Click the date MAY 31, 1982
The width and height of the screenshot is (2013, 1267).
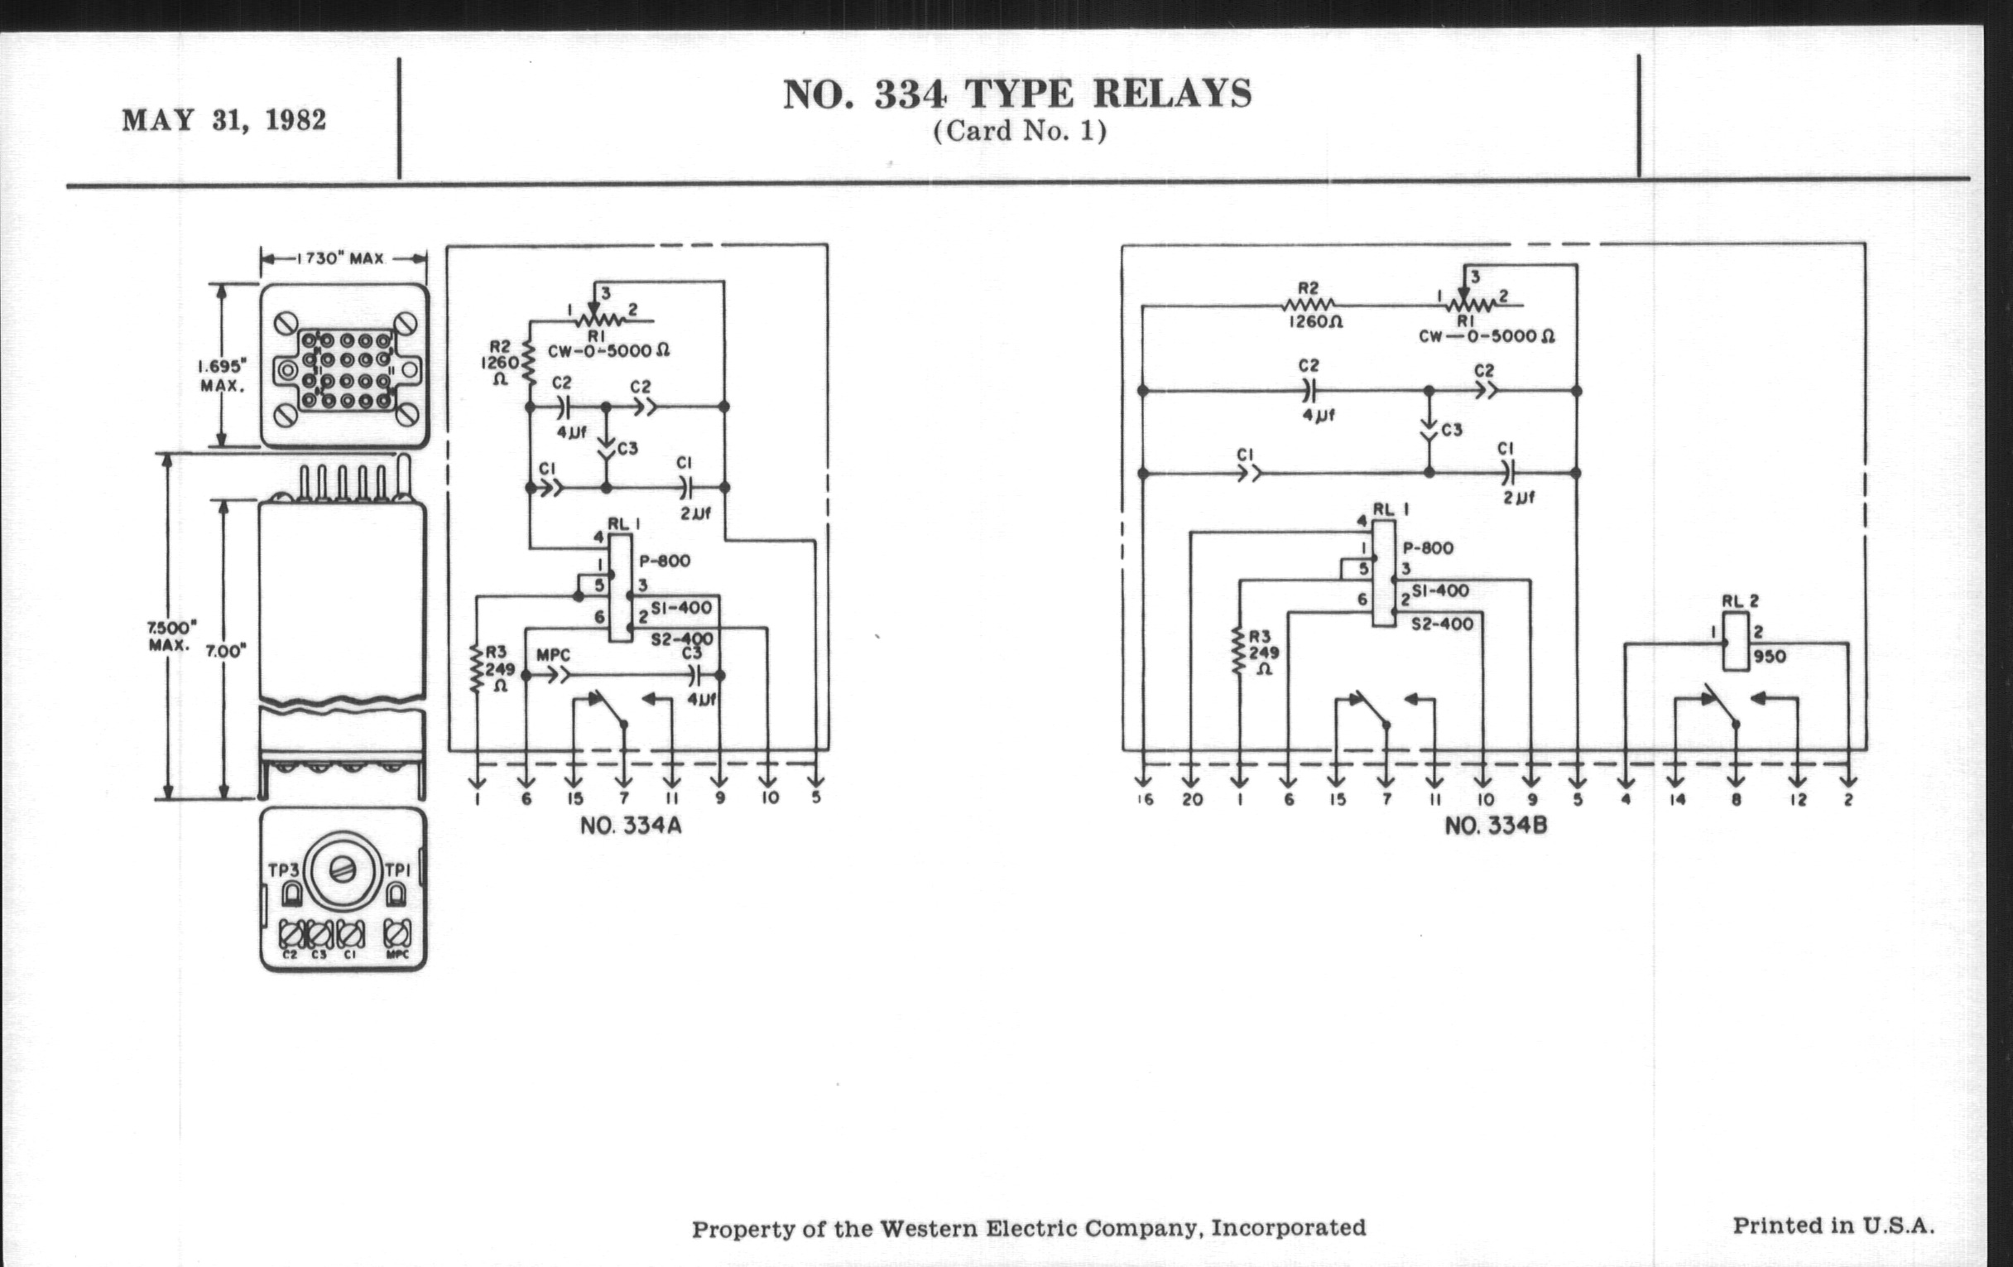tap(224, 120)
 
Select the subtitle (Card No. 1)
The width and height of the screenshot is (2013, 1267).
tap(1020, 132)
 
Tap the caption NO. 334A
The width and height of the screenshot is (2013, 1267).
tap(632, 826)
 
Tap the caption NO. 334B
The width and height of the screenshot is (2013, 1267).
tap(1496, 826)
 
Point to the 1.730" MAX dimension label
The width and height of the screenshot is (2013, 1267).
tap(343, 258)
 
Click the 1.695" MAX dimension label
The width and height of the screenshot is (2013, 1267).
tap(222, 375)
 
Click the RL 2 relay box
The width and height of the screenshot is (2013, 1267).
tap(1736, 642)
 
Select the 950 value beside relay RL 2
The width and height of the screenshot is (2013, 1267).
tap(1769, 658)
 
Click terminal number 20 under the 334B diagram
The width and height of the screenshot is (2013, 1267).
tap(1192, 800)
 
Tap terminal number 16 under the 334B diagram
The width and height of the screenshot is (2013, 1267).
tap(1146, 800)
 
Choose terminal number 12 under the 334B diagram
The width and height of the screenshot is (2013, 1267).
tap(1798, 800)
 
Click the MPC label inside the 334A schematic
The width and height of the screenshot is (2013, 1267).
tap(553, 656)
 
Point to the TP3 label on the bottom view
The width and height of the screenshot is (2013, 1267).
tap(283, 870)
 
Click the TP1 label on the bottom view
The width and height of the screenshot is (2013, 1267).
tap(397, 870)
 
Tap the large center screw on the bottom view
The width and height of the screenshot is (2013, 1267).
tap(342, 870)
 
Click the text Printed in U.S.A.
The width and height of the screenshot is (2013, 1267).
tap(1833, 1226)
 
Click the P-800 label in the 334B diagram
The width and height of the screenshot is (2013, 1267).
tap(1428, 548)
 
